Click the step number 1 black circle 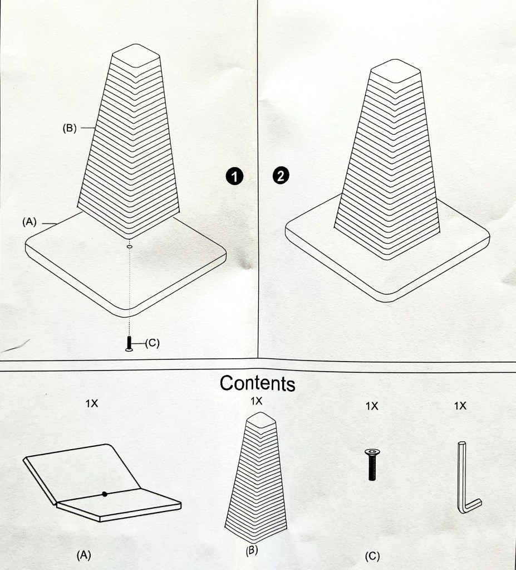pyautogui.click(x=234, y=177)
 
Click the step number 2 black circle pyautogui.click(x=281, y=176)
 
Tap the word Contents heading pyautogui.click(x=258, y=383)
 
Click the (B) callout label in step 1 pyautogui.click(x=70, y=128)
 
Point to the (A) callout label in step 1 pyautogui.click(x=30, y=222)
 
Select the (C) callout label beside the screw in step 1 pyautogui.click(x=152, y=343)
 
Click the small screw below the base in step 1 pyautogui.click(x=129, y=344)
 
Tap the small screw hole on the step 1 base pyautogui.click(x=129, y=247)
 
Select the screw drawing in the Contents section pyautogui.click(x=371, y=465)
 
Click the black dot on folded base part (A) pyautogui.click(x=105, y=494)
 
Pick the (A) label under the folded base pyautogui.click(x=83, y=555)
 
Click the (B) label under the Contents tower pyautogui.click(x=252, y=550)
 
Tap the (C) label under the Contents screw pyautogui.click(x=372, y=556)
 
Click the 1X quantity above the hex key pyautogui.click(x=460, y=406)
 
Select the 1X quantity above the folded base pyautogui.click(x=91, y=403)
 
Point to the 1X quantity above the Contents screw pyautogui.click(x=372, y=406)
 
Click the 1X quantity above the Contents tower pyautogui.click(x=256, y=401)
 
